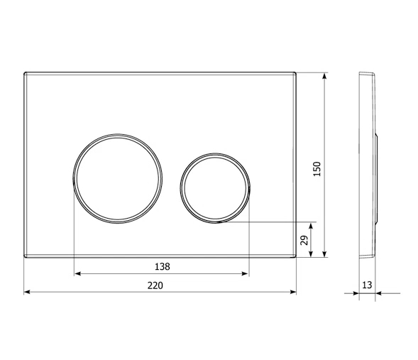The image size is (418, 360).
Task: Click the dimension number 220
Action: point(155,285)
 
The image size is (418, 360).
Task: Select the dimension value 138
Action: point(163,266)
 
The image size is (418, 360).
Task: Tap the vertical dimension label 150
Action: point(317,168)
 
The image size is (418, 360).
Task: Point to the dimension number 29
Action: point(304,240)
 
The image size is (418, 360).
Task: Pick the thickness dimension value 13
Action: point(367,285)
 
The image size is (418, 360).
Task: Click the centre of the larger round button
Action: point(118,178)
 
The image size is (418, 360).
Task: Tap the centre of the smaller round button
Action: point(215,188)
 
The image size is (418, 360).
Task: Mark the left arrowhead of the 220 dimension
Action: point(27,292)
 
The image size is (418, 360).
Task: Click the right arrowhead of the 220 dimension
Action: point(293,292)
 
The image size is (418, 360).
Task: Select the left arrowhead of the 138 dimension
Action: point(77,273)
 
